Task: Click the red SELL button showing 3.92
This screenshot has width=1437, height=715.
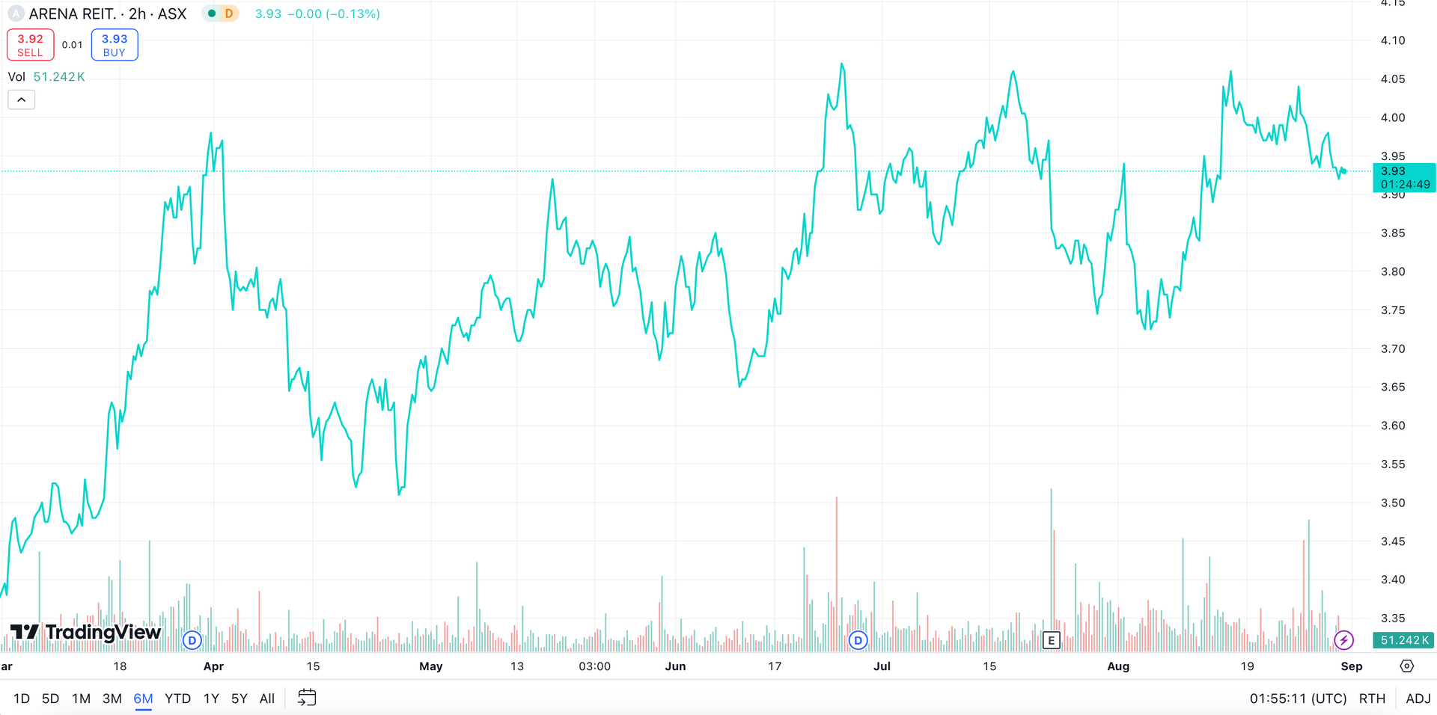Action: click(30, 45)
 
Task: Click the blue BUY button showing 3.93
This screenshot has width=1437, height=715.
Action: click(115, 45)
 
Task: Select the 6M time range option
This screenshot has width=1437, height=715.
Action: click(143, 699)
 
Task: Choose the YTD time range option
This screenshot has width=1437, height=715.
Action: click(177, 699)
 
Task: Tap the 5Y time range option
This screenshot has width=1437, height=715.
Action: click(239, 699)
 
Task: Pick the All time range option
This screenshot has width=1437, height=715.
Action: click(267, 699)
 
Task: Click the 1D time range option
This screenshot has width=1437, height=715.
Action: click(22, 699)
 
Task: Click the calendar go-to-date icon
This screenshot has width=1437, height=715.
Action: click(307, 698)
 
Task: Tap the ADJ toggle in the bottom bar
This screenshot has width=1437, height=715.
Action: click(1418, 699)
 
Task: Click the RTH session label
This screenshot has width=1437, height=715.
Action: click(1372, 699)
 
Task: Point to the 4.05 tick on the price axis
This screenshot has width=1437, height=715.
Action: click(1393, 79)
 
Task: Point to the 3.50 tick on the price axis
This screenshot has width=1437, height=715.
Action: click(1393, 503)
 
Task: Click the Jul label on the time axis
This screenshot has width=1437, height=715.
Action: click(882, 666)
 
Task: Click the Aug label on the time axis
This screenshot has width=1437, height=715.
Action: click(1118, 666)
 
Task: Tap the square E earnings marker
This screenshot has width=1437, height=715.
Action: click(1052, 640)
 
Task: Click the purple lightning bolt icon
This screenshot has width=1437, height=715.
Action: click(1343, 640)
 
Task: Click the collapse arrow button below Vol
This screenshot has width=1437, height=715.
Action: click(22, 99)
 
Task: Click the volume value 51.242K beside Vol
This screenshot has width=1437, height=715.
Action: click(59, 77)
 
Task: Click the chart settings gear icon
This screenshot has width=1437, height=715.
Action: click(1407, 666)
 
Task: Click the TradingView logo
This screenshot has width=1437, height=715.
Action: click(85, 633)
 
